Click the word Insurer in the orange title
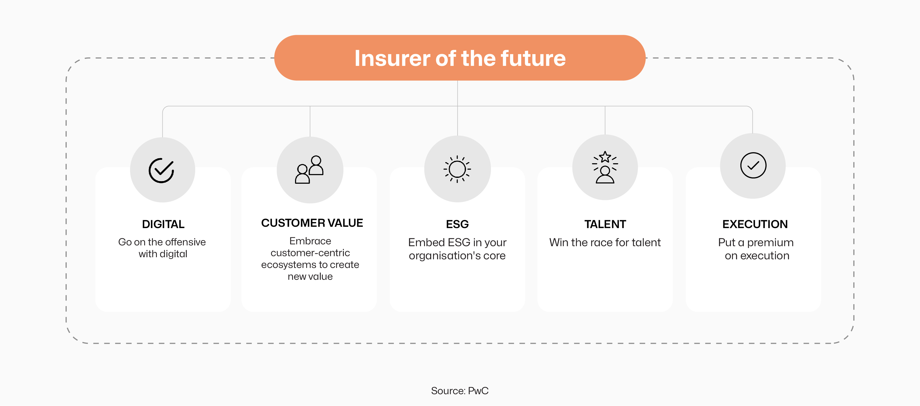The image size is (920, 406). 392,58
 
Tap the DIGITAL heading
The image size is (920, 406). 163,224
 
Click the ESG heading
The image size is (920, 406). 457,224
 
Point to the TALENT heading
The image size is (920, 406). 605,224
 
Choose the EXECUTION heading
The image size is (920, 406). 755,224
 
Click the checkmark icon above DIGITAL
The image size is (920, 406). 162,170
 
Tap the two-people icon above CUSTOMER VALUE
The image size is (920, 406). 309,169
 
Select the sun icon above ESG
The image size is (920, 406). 457,169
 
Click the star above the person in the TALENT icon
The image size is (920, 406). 605,156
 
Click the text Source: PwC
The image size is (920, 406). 460,391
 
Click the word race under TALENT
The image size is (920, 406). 602,242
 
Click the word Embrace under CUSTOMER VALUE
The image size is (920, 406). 310,241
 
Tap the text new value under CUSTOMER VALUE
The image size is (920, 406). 310,276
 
